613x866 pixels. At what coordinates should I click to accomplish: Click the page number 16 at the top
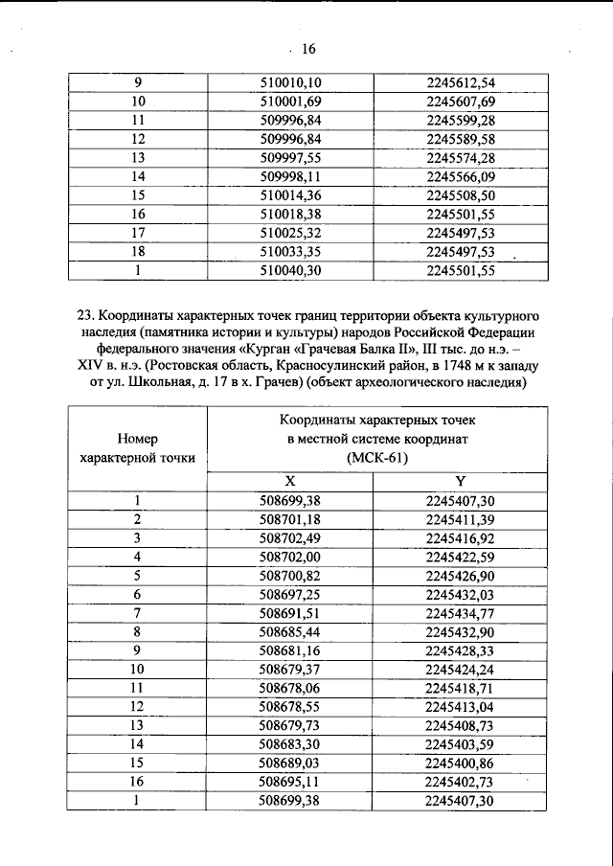point(308,50)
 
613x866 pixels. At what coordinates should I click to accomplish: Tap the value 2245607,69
point(461,102)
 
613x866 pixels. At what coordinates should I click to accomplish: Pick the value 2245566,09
point(461,177)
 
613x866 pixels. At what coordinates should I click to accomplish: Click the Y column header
point(461,481)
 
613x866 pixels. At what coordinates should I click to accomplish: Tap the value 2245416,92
point(461,537)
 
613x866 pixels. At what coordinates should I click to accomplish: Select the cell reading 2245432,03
point(461,594)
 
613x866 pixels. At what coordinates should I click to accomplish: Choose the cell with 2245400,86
point(461,763)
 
